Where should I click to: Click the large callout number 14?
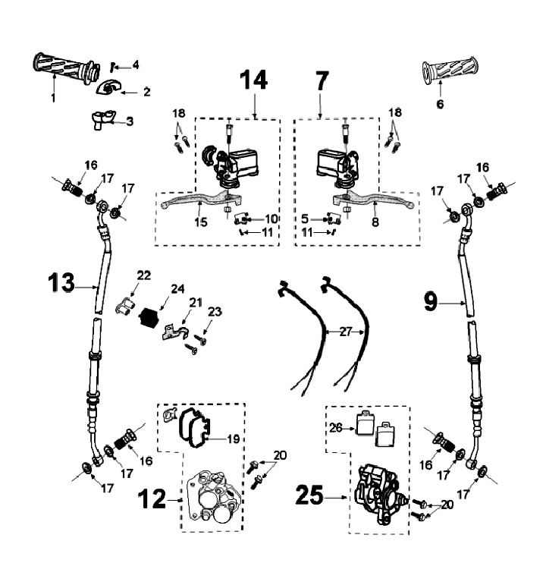click(254, 80)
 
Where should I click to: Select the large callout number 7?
click(322, 81)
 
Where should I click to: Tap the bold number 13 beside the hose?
click(61, 282)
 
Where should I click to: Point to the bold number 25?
click(309, 495)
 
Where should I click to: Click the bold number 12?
click(152, 499)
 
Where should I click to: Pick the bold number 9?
click(431, 302)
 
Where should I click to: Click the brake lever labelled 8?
click(373, 200)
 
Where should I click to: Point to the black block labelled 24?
click(149, 317)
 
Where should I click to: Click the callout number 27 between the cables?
click(346, 332)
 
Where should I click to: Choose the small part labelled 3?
click(102, 120)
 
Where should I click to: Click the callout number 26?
click(336, 428)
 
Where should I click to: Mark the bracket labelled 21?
click(174, 332)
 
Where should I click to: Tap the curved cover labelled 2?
click(108, 87)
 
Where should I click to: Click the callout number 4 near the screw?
click(135, 65)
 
